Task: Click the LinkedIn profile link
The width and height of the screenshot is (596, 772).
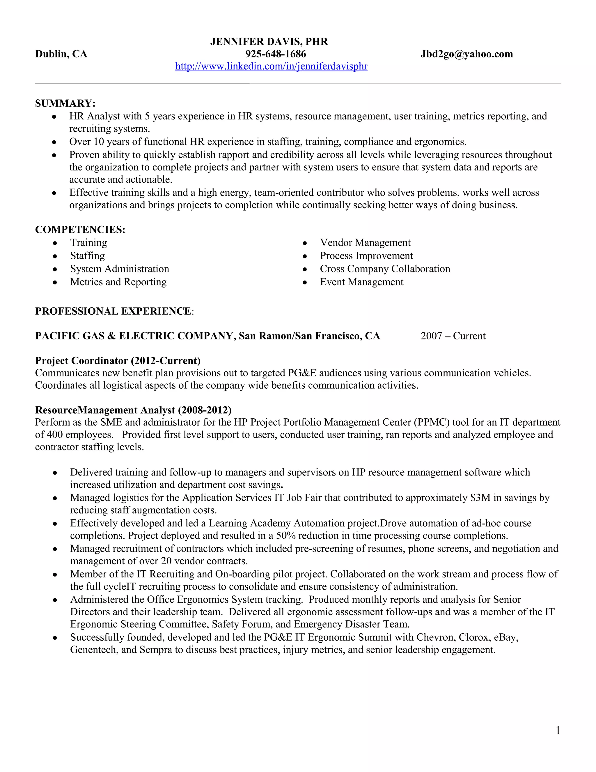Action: point(271,66)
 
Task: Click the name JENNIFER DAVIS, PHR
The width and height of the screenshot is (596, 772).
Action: point(269,42)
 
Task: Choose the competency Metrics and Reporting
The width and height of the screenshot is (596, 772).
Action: point(118,282)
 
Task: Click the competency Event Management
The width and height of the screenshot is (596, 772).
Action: point(361,282)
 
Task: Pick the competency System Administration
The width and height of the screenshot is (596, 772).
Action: point(119,269)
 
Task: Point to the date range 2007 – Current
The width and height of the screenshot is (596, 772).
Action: point(453,336)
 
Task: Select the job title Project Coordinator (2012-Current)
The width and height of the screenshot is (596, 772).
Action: point(118,361)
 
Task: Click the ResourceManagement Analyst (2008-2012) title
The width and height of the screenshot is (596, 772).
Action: point(133,410)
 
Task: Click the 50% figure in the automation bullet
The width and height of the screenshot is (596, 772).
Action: point(286,535)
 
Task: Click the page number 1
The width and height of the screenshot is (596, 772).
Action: point(558,730)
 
